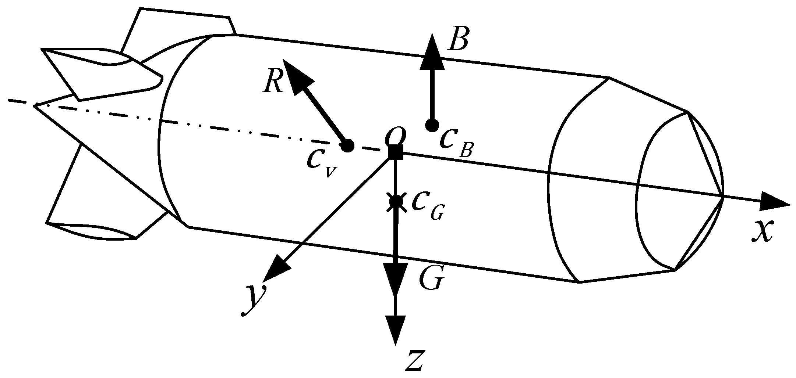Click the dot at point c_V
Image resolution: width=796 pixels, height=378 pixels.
pos(347,146)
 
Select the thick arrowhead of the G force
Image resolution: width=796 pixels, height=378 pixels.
pos(396,279)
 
